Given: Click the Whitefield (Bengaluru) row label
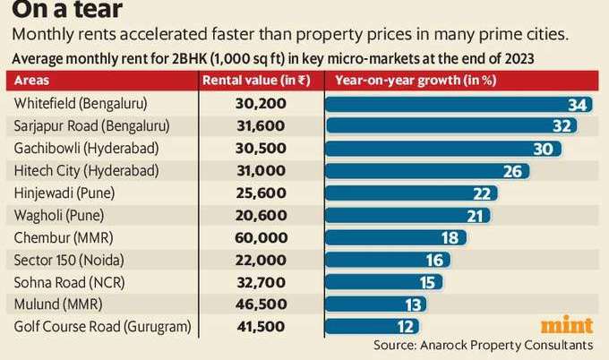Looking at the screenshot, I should pos(81,103).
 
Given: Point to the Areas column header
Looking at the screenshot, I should pos(31,81).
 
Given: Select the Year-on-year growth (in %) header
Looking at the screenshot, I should pos(403,81).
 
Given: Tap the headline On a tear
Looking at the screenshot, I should pos(56,11).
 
